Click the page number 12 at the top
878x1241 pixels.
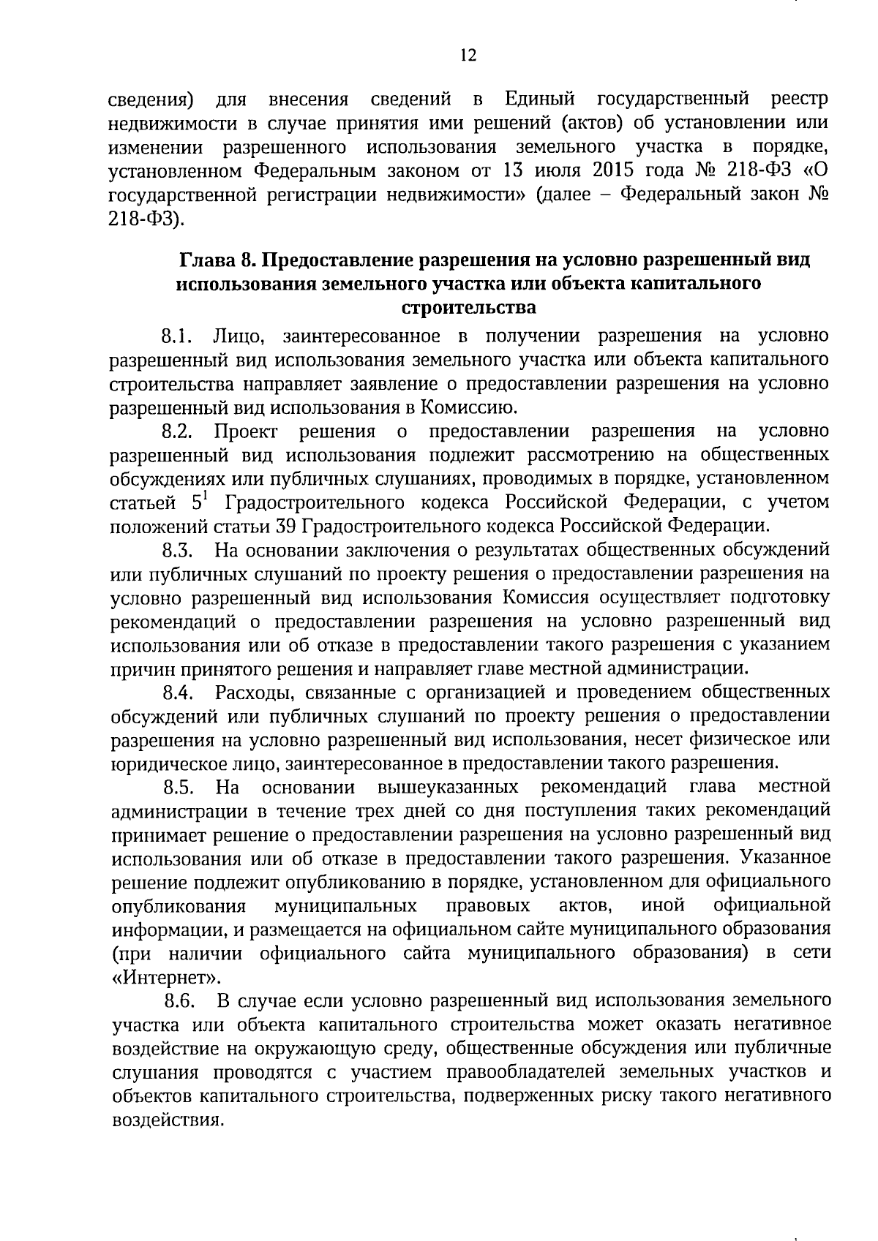[469, 56]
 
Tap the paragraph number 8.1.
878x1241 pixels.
[177, 336]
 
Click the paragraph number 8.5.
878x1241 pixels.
[178, 788]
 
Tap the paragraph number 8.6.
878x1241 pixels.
[178, 1000]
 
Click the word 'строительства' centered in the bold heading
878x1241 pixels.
[469, 307]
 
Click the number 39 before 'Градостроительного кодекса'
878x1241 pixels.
[285, 526]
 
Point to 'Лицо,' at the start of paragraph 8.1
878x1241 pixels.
[234, 336]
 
